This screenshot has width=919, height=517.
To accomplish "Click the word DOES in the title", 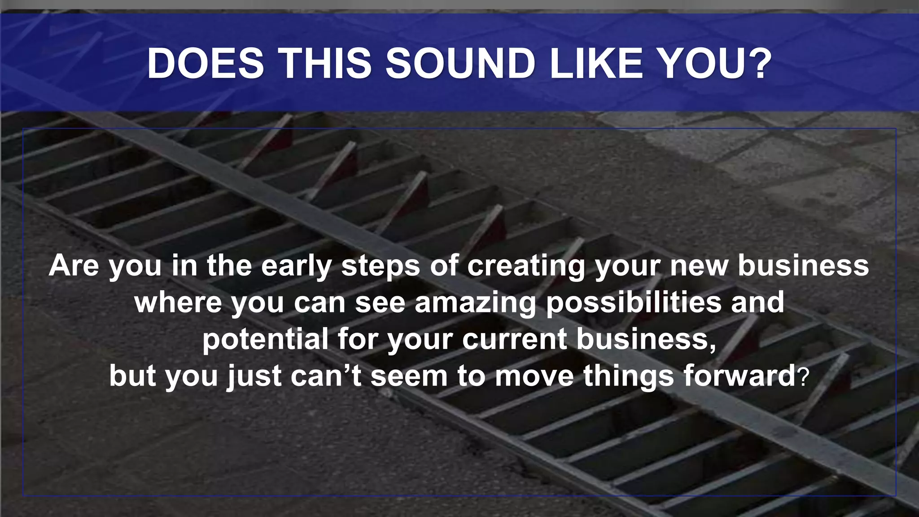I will point(206,63).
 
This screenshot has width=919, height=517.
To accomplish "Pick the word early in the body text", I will point(296,266).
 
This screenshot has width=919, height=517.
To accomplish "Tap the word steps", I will point(381,266).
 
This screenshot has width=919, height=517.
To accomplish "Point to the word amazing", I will point(476,303).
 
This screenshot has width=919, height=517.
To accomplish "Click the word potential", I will point(265,339).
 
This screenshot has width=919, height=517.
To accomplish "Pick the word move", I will point(534,375).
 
